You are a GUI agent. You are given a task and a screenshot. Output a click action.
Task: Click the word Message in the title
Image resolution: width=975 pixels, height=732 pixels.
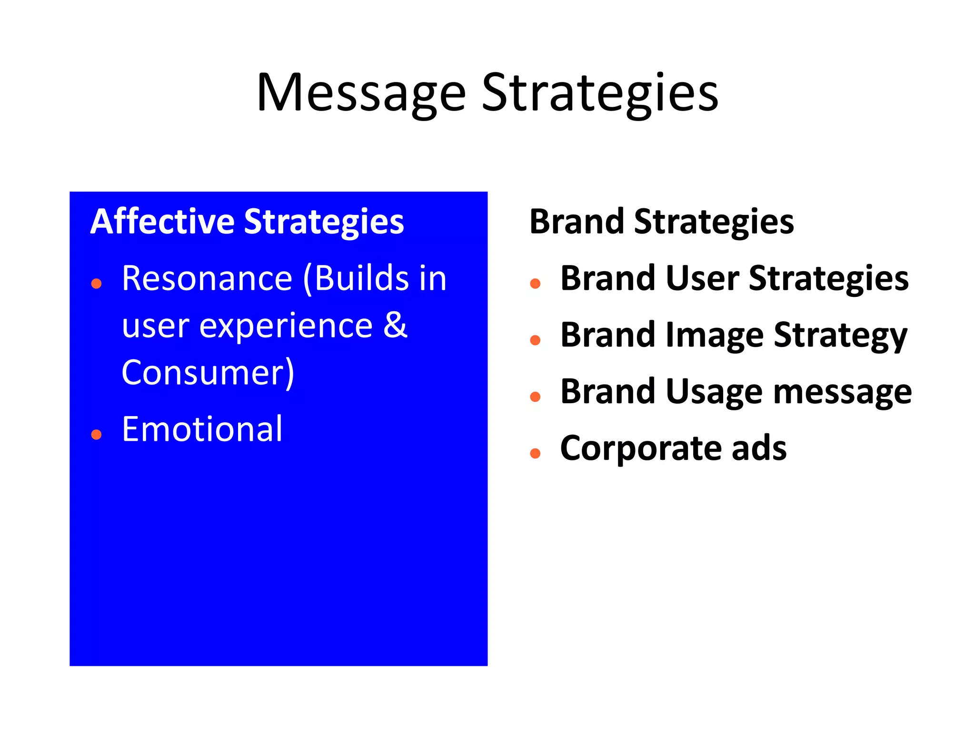(x=360, y=93)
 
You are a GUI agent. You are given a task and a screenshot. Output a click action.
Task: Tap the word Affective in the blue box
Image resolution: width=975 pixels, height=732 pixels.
(x=162, y=222)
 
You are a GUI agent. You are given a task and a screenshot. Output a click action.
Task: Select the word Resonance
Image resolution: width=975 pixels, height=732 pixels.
(x=207, y=278)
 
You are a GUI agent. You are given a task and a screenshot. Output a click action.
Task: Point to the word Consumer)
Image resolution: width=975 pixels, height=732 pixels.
(x=208, y=373)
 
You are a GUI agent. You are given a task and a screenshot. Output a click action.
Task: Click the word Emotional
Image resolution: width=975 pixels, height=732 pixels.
(x=202, y=429)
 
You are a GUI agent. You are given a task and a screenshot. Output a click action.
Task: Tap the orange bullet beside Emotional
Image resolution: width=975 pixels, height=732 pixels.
(x=97, y=434)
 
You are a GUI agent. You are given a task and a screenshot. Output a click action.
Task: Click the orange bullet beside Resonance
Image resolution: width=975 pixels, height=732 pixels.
(x=97, y=284)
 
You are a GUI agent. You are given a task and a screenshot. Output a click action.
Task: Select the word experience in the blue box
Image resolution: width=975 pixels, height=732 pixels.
(x=286, y=326)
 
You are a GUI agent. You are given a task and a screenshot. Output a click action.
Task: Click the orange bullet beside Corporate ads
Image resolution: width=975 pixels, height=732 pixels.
(x=535, y=453)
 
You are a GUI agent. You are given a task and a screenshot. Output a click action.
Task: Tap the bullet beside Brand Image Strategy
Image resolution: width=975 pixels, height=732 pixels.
(x=535, y=340)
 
